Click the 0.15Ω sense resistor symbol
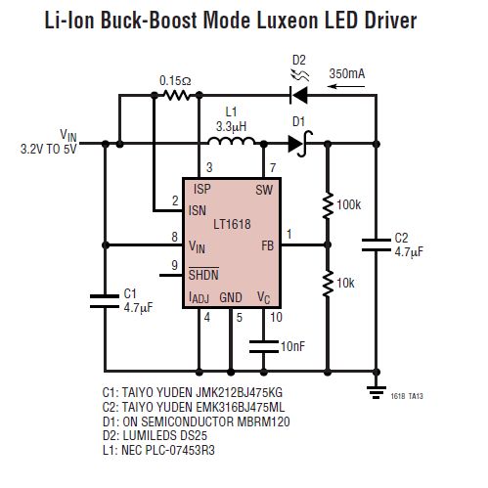click(175, 96)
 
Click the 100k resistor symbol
click(326, 206)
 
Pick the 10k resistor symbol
click(326, 282)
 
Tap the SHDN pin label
click(203, 273)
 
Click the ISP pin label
click(201, 189)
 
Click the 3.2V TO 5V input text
click(48, 150)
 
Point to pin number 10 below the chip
click(275, 317)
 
